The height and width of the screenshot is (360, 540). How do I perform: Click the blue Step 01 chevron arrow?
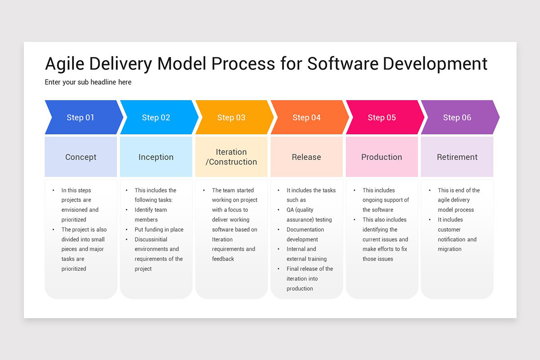[81, 117]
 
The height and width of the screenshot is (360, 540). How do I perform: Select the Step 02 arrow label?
[156, 117]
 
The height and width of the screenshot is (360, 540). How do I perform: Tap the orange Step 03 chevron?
[231, 117]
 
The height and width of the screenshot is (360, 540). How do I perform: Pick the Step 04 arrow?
[306, 117]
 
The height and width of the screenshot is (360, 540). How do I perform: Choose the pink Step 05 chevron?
[382, 117]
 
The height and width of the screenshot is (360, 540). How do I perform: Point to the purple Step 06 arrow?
[457, 117]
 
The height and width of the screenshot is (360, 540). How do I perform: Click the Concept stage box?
[81, 157]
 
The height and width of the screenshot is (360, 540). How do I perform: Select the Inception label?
[156, 157]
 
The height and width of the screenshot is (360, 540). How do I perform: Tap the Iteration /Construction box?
[231, 157]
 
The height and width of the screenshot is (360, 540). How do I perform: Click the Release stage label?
[306, 157]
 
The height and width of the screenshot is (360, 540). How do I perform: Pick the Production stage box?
[382, 157]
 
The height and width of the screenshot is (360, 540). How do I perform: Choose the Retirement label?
[457, 157]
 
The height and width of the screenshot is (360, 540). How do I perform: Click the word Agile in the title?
[65, 64]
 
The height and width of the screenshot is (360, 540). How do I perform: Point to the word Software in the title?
[343, 64]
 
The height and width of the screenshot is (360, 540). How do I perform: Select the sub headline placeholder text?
[88, 82]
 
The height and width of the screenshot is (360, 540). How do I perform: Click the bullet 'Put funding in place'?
[159, 229]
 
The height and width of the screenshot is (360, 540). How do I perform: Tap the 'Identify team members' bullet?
[151, 215]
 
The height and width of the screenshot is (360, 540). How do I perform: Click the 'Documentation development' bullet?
[305, 234]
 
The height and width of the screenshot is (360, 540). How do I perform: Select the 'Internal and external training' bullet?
[306, 254]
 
